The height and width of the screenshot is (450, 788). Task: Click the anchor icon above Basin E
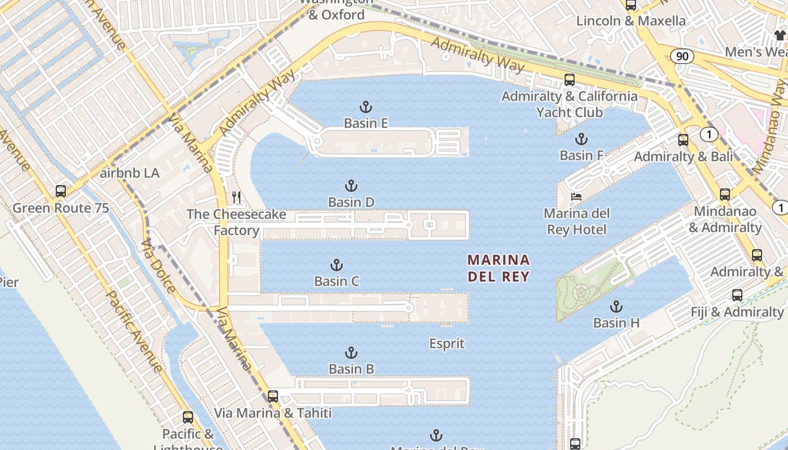(366, 106)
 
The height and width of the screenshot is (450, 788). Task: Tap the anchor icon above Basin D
(351, 186)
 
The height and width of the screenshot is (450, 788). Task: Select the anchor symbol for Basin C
(336, 265)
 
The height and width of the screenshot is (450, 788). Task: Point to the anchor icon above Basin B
(351, 353)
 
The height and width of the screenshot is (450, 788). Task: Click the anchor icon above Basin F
(581, 139)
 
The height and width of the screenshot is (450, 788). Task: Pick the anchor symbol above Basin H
(616, 307)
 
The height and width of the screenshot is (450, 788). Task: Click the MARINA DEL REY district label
(499, 268)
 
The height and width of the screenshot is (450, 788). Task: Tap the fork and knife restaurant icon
(236, 197)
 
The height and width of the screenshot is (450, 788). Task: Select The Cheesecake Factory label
(236, 222)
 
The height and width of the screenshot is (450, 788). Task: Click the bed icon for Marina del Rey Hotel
(576, 197)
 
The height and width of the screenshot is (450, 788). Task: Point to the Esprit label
(447, 343)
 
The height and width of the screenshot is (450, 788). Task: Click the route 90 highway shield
(682, 56)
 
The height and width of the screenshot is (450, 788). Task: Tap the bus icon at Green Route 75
(61, 191)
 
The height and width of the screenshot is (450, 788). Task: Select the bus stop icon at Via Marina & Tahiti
(273, 396)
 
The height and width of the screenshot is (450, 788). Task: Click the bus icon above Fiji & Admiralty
(737, 295)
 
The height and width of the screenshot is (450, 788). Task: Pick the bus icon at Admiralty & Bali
(683, 139)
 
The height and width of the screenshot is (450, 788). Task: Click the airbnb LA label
(129, 173)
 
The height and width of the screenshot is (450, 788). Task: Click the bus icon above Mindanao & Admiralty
(725, 195)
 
